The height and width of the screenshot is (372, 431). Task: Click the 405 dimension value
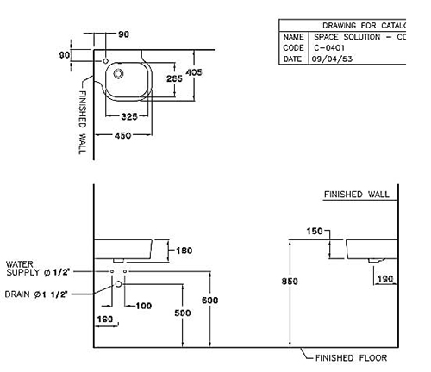click(194, 73)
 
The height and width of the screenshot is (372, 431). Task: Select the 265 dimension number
click(173, 78)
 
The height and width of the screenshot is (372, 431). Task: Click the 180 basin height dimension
click(183, 251)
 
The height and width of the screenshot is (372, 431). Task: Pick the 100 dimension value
click(142, 306)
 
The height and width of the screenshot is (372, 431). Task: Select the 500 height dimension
click(182, 313)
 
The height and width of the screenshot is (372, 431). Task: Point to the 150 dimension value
click(314, 231)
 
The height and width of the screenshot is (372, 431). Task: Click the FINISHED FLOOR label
click(351, 357)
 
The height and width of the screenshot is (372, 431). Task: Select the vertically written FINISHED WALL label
click(84, 120)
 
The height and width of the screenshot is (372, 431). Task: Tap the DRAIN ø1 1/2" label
click(35, 294)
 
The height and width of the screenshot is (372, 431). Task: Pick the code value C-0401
click(328, 48)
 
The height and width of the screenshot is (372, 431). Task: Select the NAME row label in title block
click(294, 38)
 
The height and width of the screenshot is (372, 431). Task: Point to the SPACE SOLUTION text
click(348, 38)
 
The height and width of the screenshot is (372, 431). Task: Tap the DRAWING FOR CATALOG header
click(362, 26)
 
